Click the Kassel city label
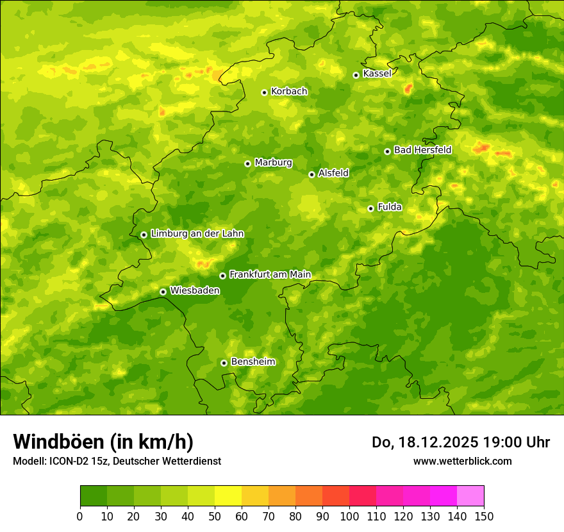tap(377, 74)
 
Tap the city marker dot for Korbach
tap(264, 92)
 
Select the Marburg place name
tap(273, 163)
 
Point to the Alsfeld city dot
tap(311, 174)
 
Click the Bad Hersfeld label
tap(422, 150)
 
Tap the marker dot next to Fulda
tap(370, 208)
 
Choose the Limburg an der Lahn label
tap(197, 234)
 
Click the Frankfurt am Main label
tap(270, 275)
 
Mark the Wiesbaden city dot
tap(163, 292)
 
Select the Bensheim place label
tap(253, 362)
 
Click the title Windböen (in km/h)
tap(103, 442)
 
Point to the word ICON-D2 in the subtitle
tap(67, 461)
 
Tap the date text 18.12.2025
tap(438, 442)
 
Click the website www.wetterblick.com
tap(462, 461)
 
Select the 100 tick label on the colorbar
tap(349, 517)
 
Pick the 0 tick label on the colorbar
tap(80, 517)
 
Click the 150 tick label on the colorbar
tap(484, 517)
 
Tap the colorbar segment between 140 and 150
tap(470, 496)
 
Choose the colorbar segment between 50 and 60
tap(228, 496)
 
